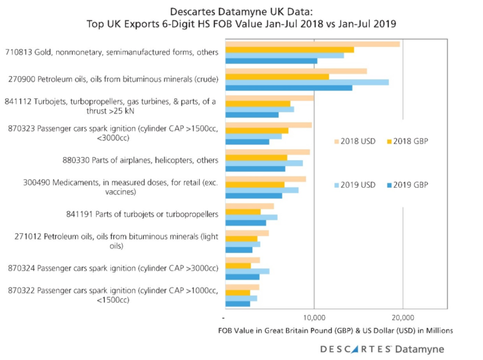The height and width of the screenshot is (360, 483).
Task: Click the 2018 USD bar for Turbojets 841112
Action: point(269,98)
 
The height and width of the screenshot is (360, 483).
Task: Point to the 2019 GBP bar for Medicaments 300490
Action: point(254,196)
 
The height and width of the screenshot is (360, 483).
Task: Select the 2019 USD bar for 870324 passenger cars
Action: point(247,271)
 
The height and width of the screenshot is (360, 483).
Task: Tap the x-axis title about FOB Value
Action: point(336,331)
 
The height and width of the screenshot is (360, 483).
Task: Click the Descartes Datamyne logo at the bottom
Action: point(381,349)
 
